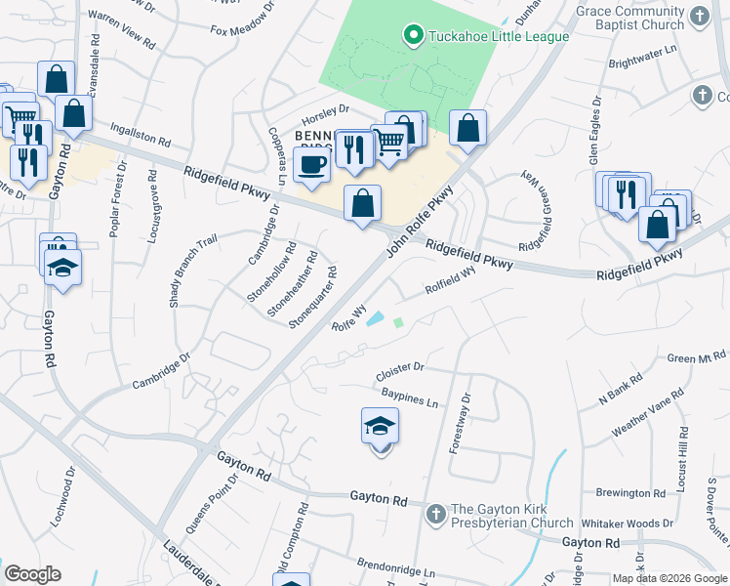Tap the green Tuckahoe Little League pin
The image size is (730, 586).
413,37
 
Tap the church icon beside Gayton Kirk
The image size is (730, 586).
437,512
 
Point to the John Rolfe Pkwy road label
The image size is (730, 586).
421,223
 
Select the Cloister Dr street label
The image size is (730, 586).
400,372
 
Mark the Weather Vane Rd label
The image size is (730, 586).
648,414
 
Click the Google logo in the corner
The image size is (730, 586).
33,573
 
